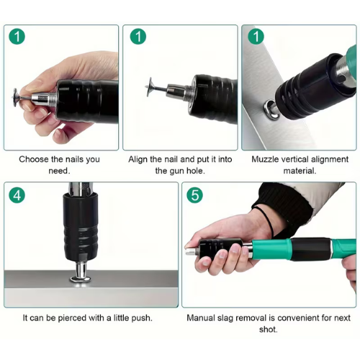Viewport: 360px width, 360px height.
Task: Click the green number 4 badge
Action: pyautogui.click(x=17, y=195)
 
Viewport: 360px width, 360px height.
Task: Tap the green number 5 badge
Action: pyautogui.click(x=194, y=195)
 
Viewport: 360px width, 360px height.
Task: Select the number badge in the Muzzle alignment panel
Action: pyautogui.click(x=256, y=37)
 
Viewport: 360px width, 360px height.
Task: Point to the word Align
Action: pyautogui.click(x=138, y=159)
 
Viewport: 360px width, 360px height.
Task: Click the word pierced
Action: pyautogui.click(x=72, y=318)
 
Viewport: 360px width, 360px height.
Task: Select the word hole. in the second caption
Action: pyautogui.click(x=196, y=171)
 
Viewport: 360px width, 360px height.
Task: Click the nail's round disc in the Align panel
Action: pyautogui.click(x=150, y=86)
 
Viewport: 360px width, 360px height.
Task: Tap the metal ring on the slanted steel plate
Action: pyautogui.click(x=271, y=109)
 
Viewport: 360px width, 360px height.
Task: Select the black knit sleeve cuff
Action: pyautogui.click(x=283, y=207)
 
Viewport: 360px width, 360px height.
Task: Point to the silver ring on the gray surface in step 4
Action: pyautogui.click(x=81, y=279)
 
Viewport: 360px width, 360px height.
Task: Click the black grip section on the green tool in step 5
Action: pyautogui.click(x=311, y=249)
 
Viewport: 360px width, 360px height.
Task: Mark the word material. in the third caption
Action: pyautogui.click(x=300, y=171)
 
